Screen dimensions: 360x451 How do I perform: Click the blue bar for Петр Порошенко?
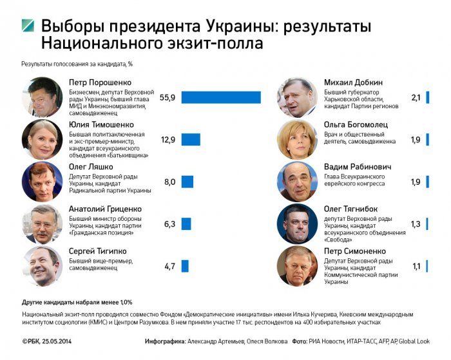(221, 97)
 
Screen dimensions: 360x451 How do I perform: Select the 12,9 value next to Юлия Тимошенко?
(168, 140)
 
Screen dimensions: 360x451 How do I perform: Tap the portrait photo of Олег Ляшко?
(42, 182)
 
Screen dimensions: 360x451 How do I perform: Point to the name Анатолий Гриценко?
(105, 209)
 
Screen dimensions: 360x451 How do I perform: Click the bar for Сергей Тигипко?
(185, 266)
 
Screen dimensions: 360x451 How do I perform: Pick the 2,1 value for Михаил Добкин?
(416, 98)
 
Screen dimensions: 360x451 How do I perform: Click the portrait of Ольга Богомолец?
(296, 139)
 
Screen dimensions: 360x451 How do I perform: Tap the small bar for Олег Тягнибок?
(427, 224)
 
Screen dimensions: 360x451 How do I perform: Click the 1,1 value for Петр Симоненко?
(416, 266)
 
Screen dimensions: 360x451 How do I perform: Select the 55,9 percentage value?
(168, 98)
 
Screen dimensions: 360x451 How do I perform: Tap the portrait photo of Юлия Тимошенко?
(42, 139)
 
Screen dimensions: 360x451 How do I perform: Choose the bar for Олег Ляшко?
(187, 182)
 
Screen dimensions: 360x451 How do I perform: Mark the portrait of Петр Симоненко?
(296, 265)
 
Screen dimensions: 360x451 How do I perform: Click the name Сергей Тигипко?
(98, 251)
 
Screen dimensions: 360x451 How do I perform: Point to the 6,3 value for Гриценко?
(170, 224)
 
